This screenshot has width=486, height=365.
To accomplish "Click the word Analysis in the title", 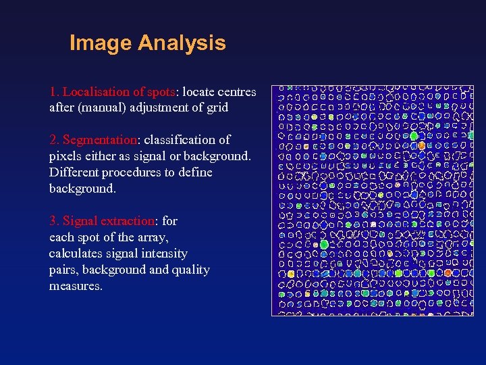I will click(x=182, y=43).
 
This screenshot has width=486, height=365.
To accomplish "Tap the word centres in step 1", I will click(x=237, y=91).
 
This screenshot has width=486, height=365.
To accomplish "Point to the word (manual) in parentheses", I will click(x=97, y=107).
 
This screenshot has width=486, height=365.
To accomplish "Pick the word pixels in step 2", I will click(x=65, y=156).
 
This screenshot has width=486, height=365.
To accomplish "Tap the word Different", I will click(x=74, y=172).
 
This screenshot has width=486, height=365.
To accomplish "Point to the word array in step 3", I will click(x=151, y=237).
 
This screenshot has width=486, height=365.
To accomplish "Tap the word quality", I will click(x=190, y=270).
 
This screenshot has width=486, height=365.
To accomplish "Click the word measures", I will click(x=75, y=286).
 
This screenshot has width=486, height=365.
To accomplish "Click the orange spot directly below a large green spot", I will click(x=421, y=145).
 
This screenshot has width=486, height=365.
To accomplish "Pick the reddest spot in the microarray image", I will click(x=448, y=272).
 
